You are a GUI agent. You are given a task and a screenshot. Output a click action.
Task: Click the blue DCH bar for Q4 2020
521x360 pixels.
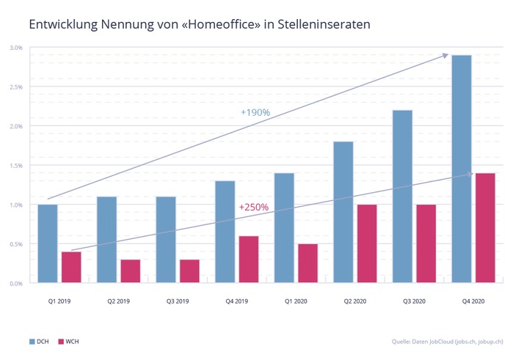coord(461,169)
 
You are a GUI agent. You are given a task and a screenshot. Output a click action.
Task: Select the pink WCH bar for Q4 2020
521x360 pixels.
coord(485,227)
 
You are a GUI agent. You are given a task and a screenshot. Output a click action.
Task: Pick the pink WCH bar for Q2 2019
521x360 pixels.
coord(130,271)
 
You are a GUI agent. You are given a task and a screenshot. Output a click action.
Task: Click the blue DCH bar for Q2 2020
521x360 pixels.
coord(343,212)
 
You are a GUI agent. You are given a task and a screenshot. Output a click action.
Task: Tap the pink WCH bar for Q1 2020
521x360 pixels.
coord(307,262)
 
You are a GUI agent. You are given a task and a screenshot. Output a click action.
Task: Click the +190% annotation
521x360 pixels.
coord(255,112)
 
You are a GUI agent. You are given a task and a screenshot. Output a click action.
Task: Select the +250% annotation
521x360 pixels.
coord(254,207)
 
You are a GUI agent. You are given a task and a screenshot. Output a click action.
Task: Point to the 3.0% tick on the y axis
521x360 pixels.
coord(15,48)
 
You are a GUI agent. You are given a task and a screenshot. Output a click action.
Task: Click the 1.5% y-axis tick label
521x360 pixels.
coord(15,165)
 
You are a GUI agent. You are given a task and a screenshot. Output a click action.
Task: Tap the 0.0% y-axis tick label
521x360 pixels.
coord(15,282)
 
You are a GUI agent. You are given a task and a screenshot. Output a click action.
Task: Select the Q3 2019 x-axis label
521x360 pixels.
coord(178,300)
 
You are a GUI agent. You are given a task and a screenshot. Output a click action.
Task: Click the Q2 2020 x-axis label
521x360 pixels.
coord(354,300)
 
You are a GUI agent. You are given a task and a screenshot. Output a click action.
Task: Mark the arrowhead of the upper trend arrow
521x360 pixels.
coord(445,55)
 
